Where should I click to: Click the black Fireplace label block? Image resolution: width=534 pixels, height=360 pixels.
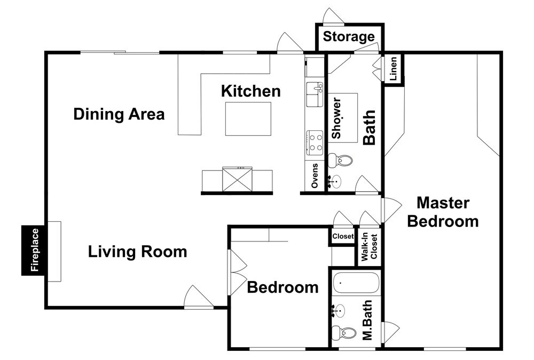point(33,251)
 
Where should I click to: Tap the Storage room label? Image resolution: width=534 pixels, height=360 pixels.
point(349,36)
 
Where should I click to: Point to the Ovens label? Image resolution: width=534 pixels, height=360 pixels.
point(315,176)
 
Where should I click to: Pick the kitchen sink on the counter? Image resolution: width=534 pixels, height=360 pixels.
point(315,95)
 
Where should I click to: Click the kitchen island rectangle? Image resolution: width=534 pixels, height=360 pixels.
point(248,119)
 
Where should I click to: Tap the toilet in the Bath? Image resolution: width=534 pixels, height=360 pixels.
point(340,160)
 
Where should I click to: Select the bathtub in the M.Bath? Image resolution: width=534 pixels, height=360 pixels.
point(356,283)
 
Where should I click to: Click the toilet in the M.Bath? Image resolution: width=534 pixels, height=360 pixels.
point(343,332)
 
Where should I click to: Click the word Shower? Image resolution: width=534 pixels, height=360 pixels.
point(336,118)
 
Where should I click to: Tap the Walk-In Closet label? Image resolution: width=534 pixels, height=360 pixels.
point(369,247)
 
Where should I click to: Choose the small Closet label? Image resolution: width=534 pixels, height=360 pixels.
point(343,236)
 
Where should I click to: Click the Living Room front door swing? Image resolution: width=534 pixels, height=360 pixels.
point(199,296)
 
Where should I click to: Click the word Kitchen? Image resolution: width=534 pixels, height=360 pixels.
point(251,91)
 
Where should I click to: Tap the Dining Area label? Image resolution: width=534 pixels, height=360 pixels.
point(119,114)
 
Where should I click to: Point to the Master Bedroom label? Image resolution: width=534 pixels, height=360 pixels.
point(443,212)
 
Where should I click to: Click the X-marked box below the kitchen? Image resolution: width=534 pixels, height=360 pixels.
point(237,179)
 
